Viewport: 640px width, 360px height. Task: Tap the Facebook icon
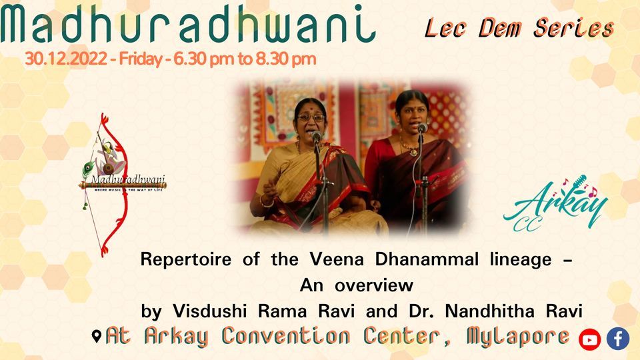(x=617, y=339)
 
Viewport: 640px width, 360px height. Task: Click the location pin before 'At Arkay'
(x=97, y=337)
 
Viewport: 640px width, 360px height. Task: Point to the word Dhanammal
(x=407, y=261)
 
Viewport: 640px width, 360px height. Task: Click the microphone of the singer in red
(x=422, y=127)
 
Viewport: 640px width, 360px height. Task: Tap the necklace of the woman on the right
(x=409, y=147)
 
